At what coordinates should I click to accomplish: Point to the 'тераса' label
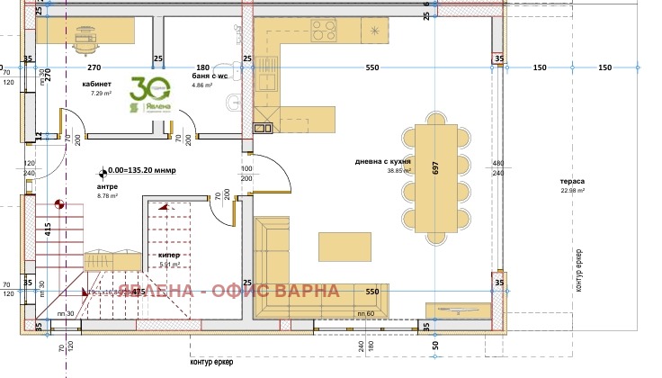[573, 181]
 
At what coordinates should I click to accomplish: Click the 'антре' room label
[107, 187]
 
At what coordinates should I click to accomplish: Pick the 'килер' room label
[169, 256]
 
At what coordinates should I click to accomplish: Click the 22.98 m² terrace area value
[573, 191]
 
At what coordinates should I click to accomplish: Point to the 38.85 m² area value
[398, 171]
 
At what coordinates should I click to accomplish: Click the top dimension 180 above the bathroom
[203, 67]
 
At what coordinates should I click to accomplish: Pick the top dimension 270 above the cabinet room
[94, 67]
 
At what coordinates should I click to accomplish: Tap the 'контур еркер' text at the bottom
[212, 363]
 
